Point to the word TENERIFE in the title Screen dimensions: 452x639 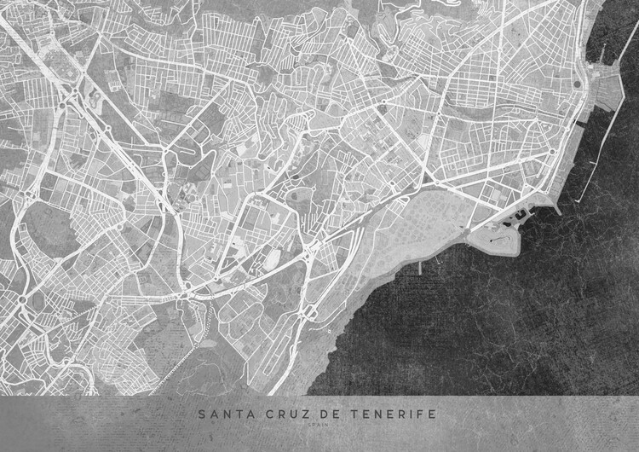(x=393, y=414)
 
